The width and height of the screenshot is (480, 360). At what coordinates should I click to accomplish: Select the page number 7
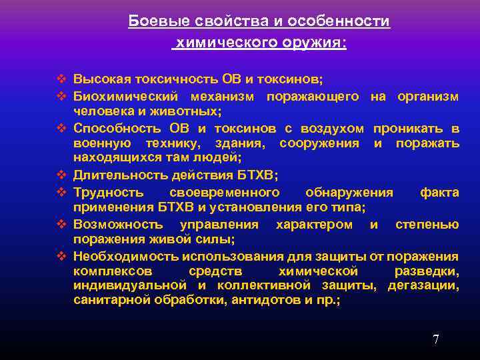tap(436, 340)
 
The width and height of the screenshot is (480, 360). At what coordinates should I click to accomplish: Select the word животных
tap(193, 111)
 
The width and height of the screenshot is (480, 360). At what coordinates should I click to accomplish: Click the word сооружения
tap(320, 143)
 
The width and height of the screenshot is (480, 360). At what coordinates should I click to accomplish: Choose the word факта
tap(439, 193)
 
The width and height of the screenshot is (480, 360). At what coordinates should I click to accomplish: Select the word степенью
tap(427, 225)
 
